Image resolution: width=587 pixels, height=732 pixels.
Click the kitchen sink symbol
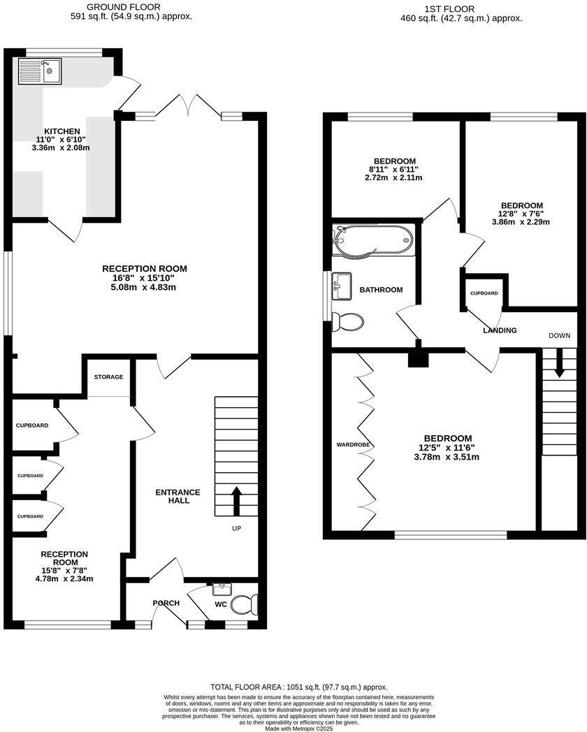tap(40, 71)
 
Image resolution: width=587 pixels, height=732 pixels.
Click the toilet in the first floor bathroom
tap(347, 322)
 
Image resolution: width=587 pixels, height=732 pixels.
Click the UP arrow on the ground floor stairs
tap(235, 501)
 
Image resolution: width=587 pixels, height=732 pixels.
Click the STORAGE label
tap(109, 377)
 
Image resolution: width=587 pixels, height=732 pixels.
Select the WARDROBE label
tap(353, 444)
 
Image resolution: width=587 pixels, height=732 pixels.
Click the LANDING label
tap(500, 330)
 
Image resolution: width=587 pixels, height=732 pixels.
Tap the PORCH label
tap(166, 603)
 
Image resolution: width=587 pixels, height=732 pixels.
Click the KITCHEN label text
tap(62, 131)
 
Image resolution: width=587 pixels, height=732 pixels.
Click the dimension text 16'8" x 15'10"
tap(145, 278)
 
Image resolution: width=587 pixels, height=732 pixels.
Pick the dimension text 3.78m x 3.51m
tap(449, 457)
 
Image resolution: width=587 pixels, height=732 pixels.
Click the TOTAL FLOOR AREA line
tap(298, 687)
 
